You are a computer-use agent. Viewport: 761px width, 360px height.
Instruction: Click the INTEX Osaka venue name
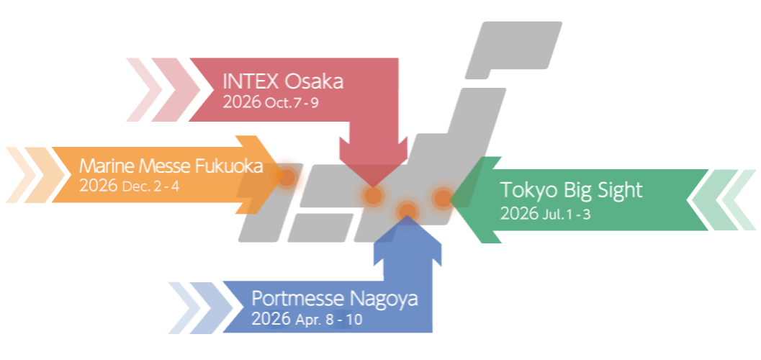[283, 81]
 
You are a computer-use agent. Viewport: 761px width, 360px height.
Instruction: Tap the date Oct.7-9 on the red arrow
[292, 102]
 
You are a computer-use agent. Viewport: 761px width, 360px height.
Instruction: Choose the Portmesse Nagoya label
[334, 298]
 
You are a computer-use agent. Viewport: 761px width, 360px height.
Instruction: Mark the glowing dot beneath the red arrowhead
[372, 195]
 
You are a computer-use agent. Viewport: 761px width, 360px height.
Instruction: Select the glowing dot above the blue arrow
[407, 210]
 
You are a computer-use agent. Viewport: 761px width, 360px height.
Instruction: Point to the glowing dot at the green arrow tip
[442, 197]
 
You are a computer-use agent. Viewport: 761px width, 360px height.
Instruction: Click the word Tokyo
[525, 191]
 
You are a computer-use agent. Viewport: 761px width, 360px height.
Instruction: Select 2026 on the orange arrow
[99, 186]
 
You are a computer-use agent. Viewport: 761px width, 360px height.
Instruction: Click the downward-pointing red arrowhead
[372, 162]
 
